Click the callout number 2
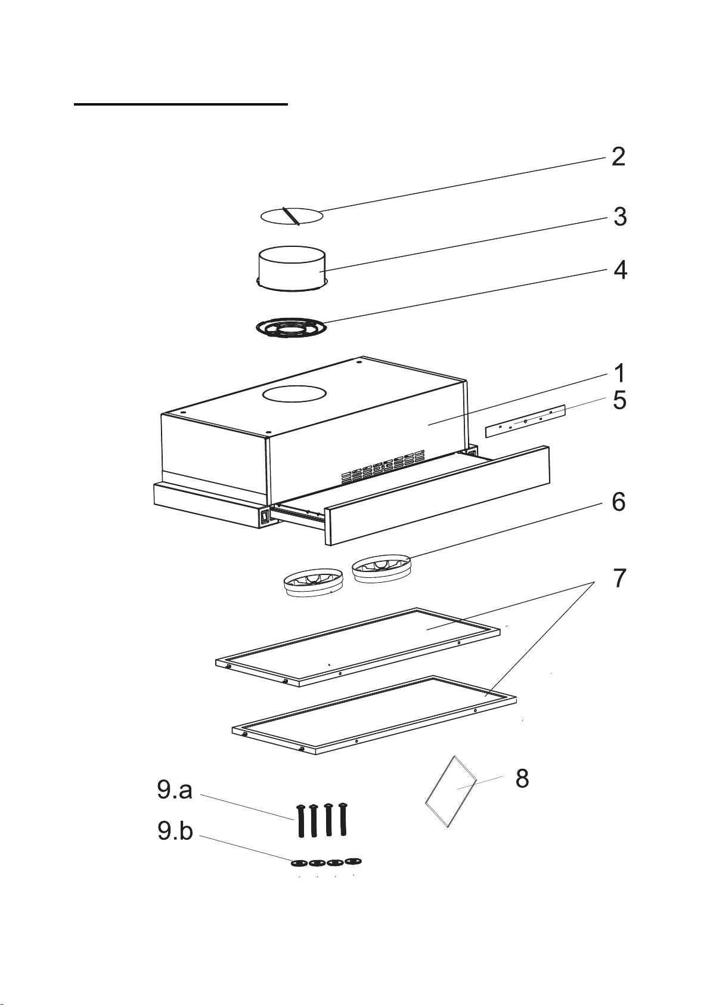pos(619,157)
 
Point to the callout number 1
pos(619,373)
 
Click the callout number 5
pos(619,400)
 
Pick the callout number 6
pos(619,502)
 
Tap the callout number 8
pos(522,778)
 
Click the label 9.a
pos(175,790)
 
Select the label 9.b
pos(175,831)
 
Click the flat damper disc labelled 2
pos(292,216)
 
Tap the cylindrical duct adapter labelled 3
pos(293,268)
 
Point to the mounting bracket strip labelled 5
pos(526,421)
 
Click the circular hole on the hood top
pos(294,394)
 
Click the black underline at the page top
pos(181,104)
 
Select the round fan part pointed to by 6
pos(382,568)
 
